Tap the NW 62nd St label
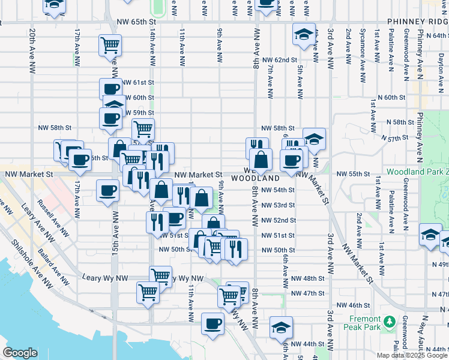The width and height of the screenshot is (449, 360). coord(279,60)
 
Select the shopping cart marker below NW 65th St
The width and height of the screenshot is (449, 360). coord(110,45)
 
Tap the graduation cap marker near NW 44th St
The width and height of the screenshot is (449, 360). coord(281,327)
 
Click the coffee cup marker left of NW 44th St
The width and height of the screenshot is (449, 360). coord(212,324)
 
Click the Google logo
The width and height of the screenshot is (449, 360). coord(20,353)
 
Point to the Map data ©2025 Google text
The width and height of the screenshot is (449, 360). coord(412,355)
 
